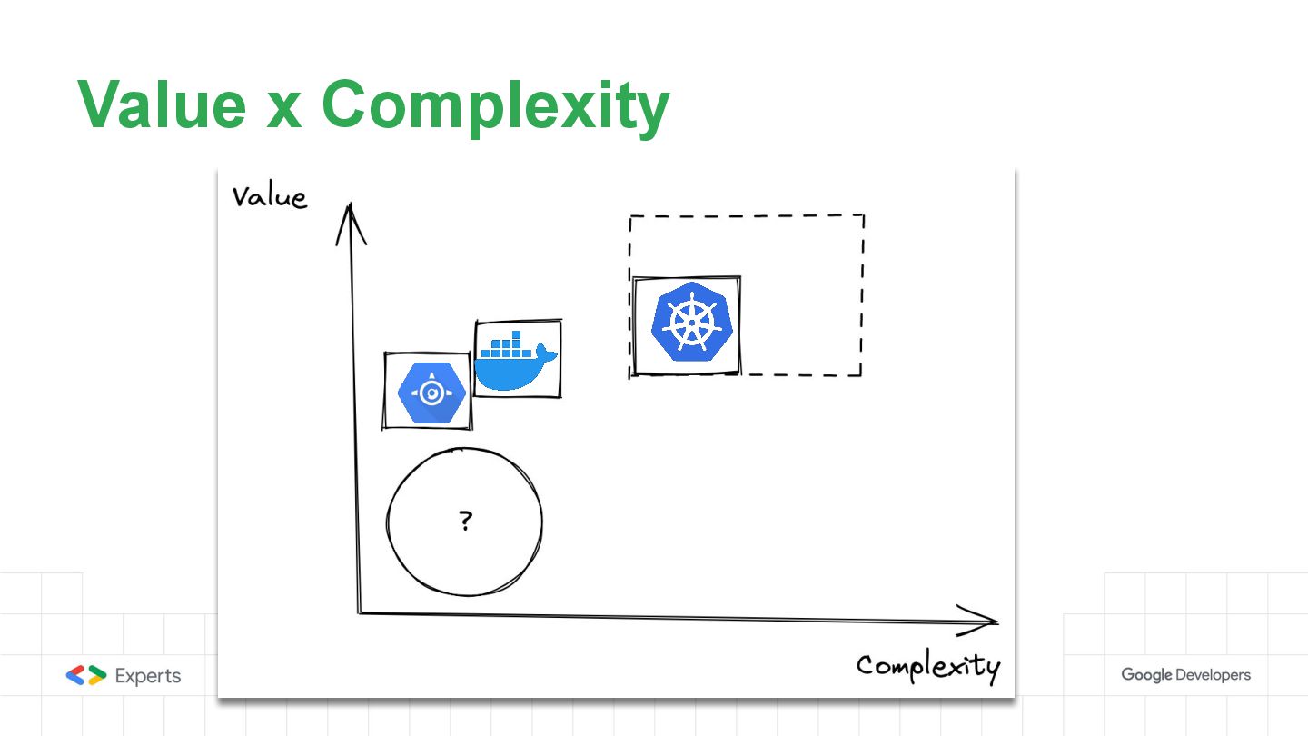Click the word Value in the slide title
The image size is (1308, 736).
[x=161, y=104]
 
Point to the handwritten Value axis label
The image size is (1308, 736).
[x=269, y=197]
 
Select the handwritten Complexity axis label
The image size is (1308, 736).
[x=927, y=666]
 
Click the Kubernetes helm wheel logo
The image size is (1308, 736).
[x=688, y=323]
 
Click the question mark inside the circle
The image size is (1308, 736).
[x=465, y=521]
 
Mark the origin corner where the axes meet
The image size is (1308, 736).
[x=360, y=612]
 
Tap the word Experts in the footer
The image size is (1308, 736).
[x=148, y=676]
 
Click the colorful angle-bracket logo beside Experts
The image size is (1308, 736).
[x=86, y=675]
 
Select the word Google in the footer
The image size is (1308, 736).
[x=1146, y=675]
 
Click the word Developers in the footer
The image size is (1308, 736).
[x=1214, y=675]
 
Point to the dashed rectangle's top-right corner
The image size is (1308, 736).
[x=863, y=215]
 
